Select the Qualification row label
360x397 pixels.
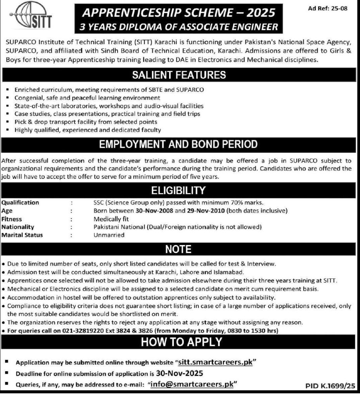coord(20,202)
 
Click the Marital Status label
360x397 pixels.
coord(22,235)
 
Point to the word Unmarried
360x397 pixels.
coord(109,235)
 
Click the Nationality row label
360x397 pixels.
coord(18,227)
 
